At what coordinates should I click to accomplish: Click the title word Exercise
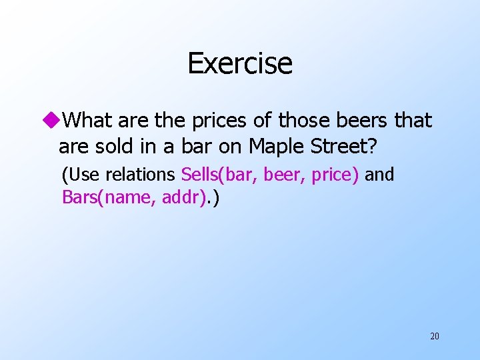point(239,64)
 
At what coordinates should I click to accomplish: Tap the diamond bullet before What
point(51,121)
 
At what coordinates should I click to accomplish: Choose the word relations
point(141,175)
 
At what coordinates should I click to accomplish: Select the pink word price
point(335,175)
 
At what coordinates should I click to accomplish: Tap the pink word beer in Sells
point(281,175)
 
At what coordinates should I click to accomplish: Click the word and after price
point(380,175)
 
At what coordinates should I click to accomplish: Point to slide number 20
point(434,336)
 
